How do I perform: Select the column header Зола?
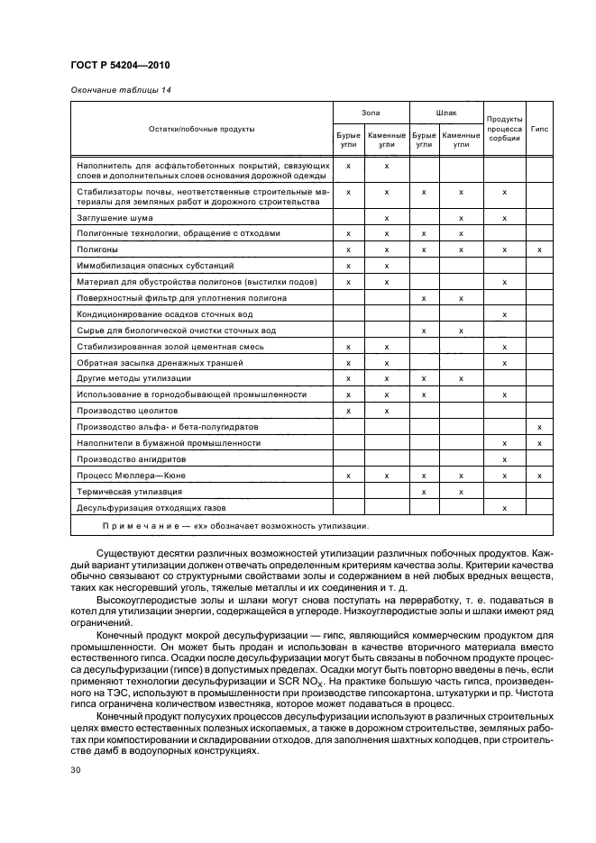[x=371, y=113]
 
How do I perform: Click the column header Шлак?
[x=445, y=113]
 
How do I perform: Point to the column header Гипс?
[x=539, y=129]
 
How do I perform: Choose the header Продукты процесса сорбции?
[x=504, y=129]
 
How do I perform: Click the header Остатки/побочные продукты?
[x=202, y=129]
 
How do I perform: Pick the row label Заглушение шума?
[x=115, y=218]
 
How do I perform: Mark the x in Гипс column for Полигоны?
[x=539, y=249]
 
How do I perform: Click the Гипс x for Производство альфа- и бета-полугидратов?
[x=539, y=427]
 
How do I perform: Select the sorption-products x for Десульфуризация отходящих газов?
[x=504, y=508]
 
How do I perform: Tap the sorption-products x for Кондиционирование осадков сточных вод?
[x=504, y=314]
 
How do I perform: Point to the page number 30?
[x=76, y=770]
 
